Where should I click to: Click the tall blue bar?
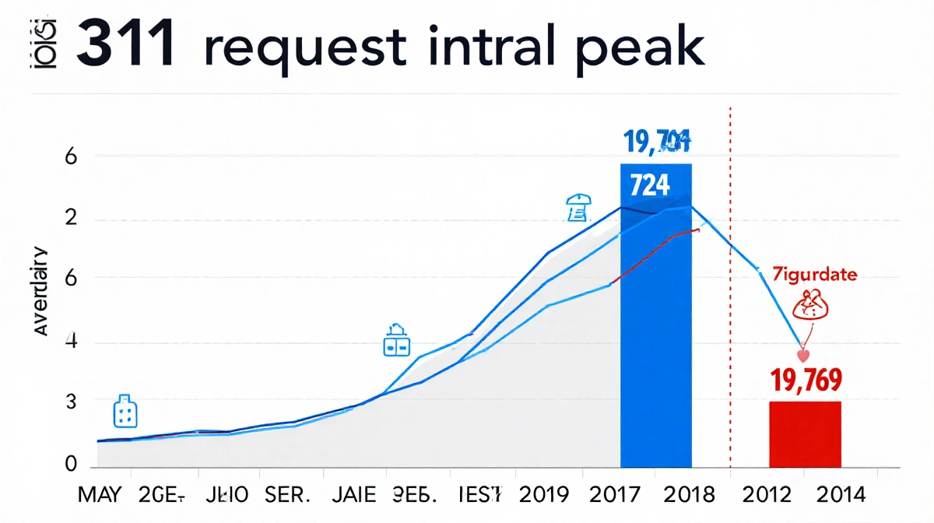click(x=655, y=327)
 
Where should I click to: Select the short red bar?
click(x=805, y=434)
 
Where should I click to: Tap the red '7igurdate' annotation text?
click(x=814, y=275)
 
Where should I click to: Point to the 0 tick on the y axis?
click(x=71, y=465)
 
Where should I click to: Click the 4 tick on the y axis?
click(x=71, y=342)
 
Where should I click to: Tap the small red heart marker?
click(x=804, y=354)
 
